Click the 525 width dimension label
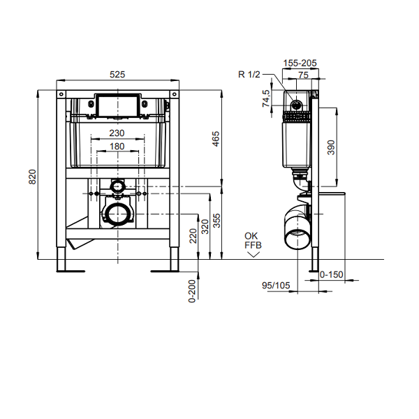117,75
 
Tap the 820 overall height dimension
33,177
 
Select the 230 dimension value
117,133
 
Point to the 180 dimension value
117,147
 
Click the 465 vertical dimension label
216,139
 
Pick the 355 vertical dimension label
217,221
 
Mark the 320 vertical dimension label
205,227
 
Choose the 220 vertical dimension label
193,236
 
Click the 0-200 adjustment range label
192,291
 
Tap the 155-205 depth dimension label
300,63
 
